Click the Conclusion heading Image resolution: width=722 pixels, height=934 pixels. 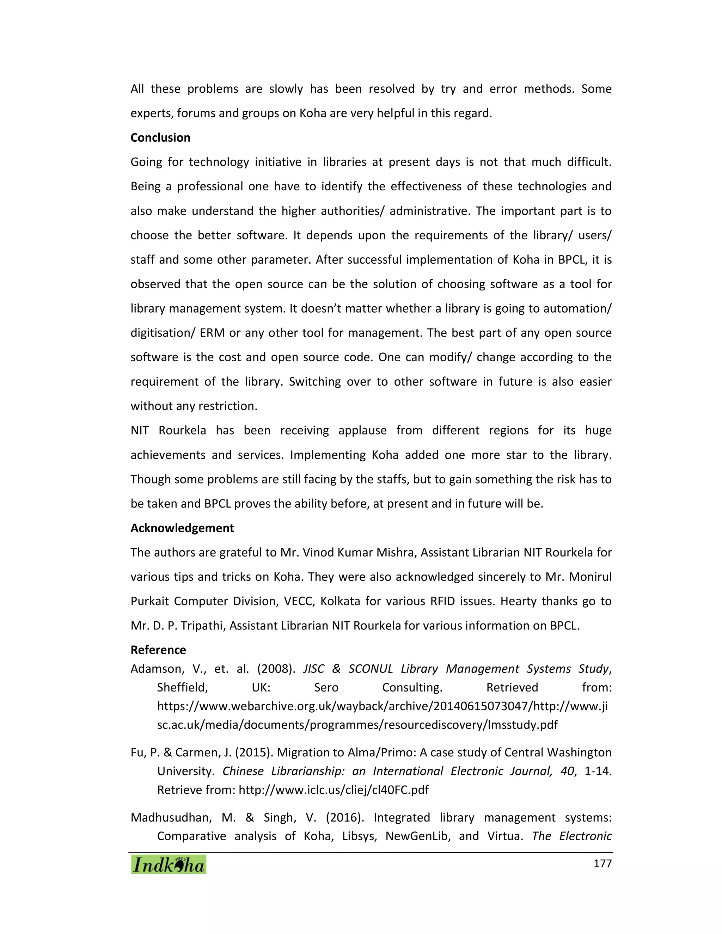[160, 138]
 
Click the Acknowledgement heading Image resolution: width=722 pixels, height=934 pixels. [182, 528]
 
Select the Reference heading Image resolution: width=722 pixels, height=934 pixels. [158, 650]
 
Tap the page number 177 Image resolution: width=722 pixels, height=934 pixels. [602, 864]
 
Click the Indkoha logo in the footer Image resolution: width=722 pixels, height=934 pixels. [169, 864]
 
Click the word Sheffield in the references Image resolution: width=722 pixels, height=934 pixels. [182, 688]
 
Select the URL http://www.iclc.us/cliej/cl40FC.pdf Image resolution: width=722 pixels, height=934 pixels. [333, 790]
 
